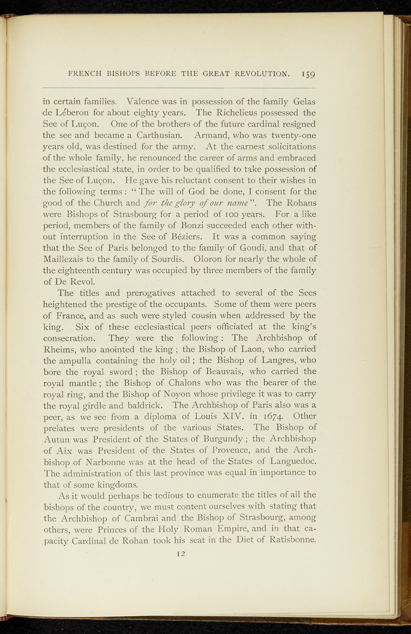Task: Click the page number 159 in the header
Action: click(x=308, y=74)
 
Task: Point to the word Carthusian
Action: click(x=160, y=135)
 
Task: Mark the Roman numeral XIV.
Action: click(x=230, y=417)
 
